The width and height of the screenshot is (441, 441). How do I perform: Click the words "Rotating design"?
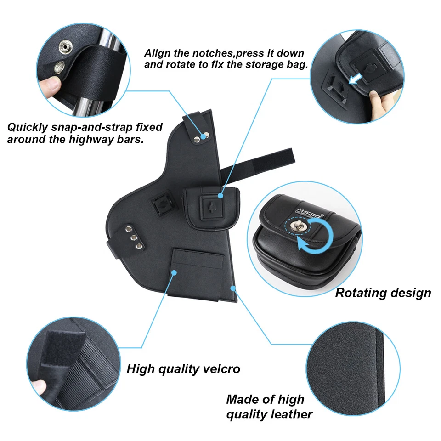383,293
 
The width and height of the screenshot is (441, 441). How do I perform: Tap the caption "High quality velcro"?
183,368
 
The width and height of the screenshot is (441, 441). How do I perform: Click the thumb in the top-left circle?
51,85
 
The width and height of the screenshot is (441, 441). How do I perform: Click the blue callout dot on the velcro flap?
174,272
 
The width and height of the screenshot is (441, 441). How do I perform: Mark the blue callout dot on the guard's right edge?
233,288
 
